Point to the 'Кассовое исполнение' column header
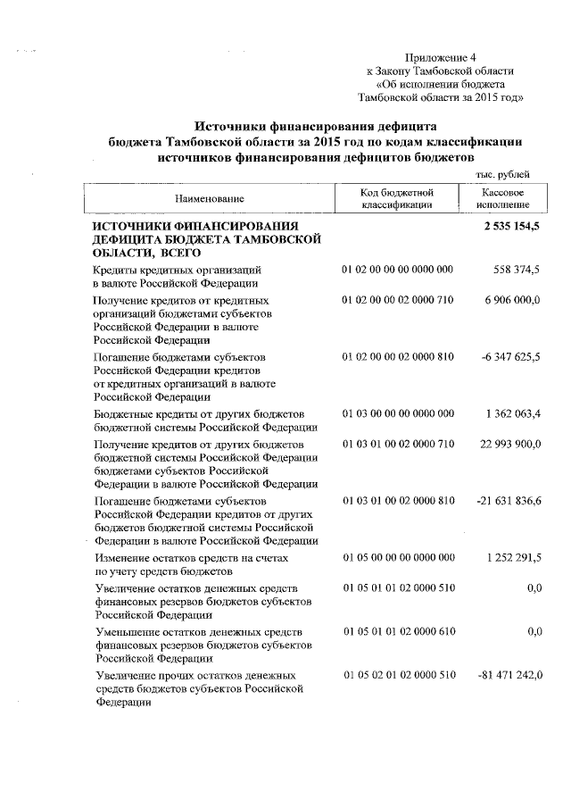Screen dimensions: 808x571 (x=501, y=198)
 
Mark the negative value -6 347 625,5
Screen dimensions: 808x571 (x=510, y=357)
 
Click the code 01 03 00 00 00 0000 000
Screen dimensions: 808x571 (x=398, y=413)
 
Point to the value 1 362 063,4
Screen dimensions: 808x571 (x=512, y=413)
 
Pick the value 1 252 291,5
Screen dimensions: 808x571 (x=512, y=557)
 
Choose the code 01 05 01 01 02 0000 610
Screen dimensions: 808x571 (x=398, y=631)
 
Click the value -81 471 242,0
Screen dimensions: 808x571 (x=507, y=674)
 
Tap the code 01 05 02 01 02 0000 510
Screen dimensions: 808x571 (x=398, y=674)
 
